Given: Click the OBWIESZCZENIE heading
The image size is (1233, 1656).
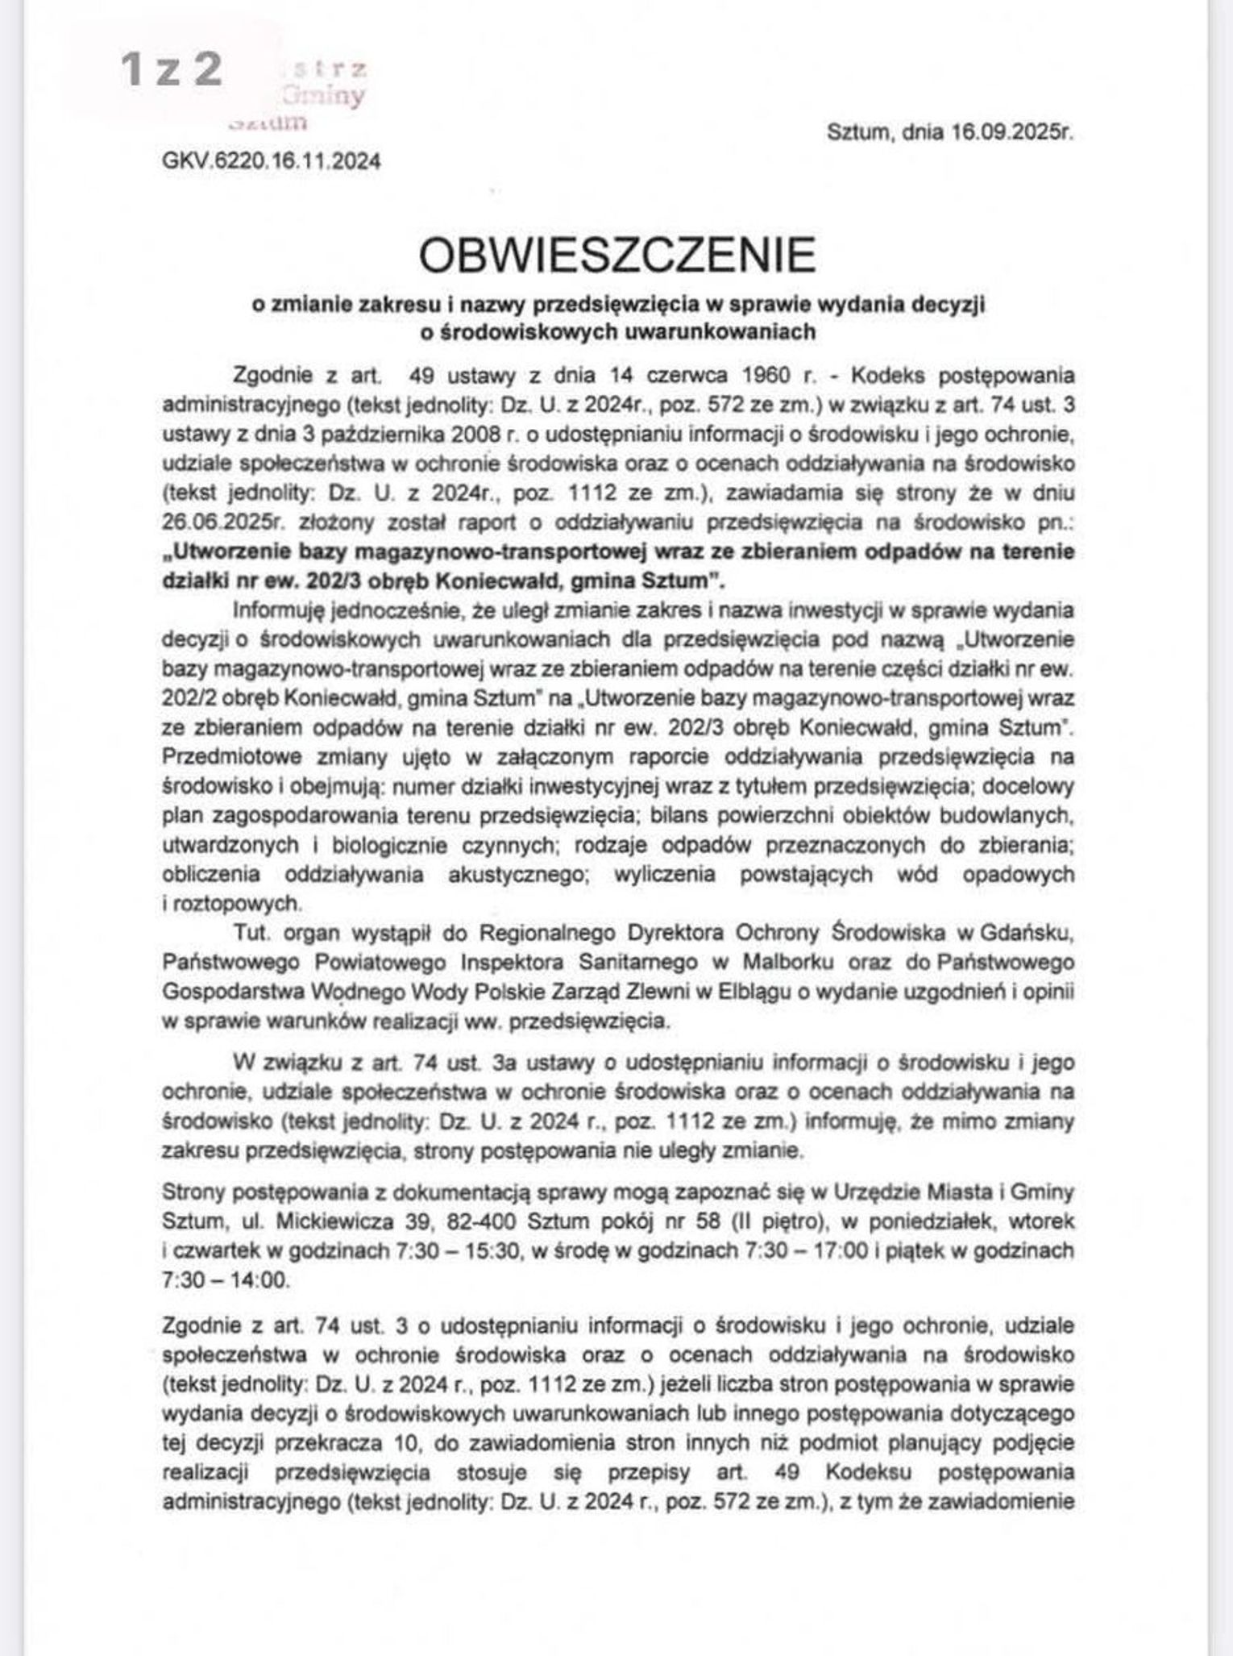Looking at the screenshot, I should (616, 255).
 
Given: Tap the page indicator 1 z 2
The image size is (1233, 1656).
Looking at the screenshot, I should (171, 69).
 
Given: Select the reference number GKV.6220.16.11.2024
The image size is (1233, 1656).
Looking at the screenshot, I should (272, 161).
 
